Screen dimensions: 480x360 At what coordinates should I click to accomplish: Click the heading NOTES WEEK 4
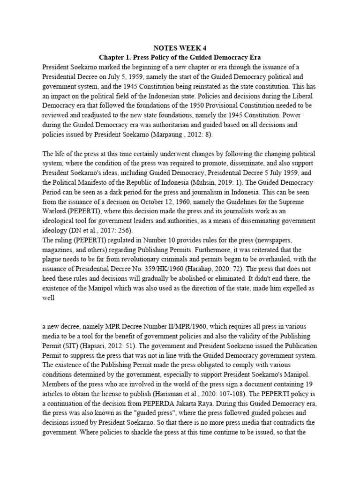[180, 48]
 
